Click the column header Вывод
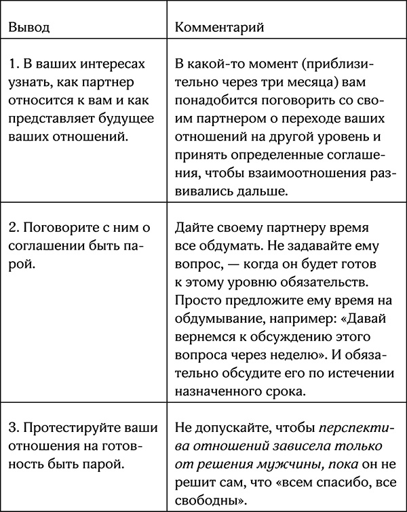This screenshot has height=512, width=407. (29, 30)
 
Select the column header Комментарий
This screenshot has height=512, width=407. (220, 30)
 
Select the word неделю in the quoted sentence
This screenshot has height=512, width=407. (298, 356)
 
